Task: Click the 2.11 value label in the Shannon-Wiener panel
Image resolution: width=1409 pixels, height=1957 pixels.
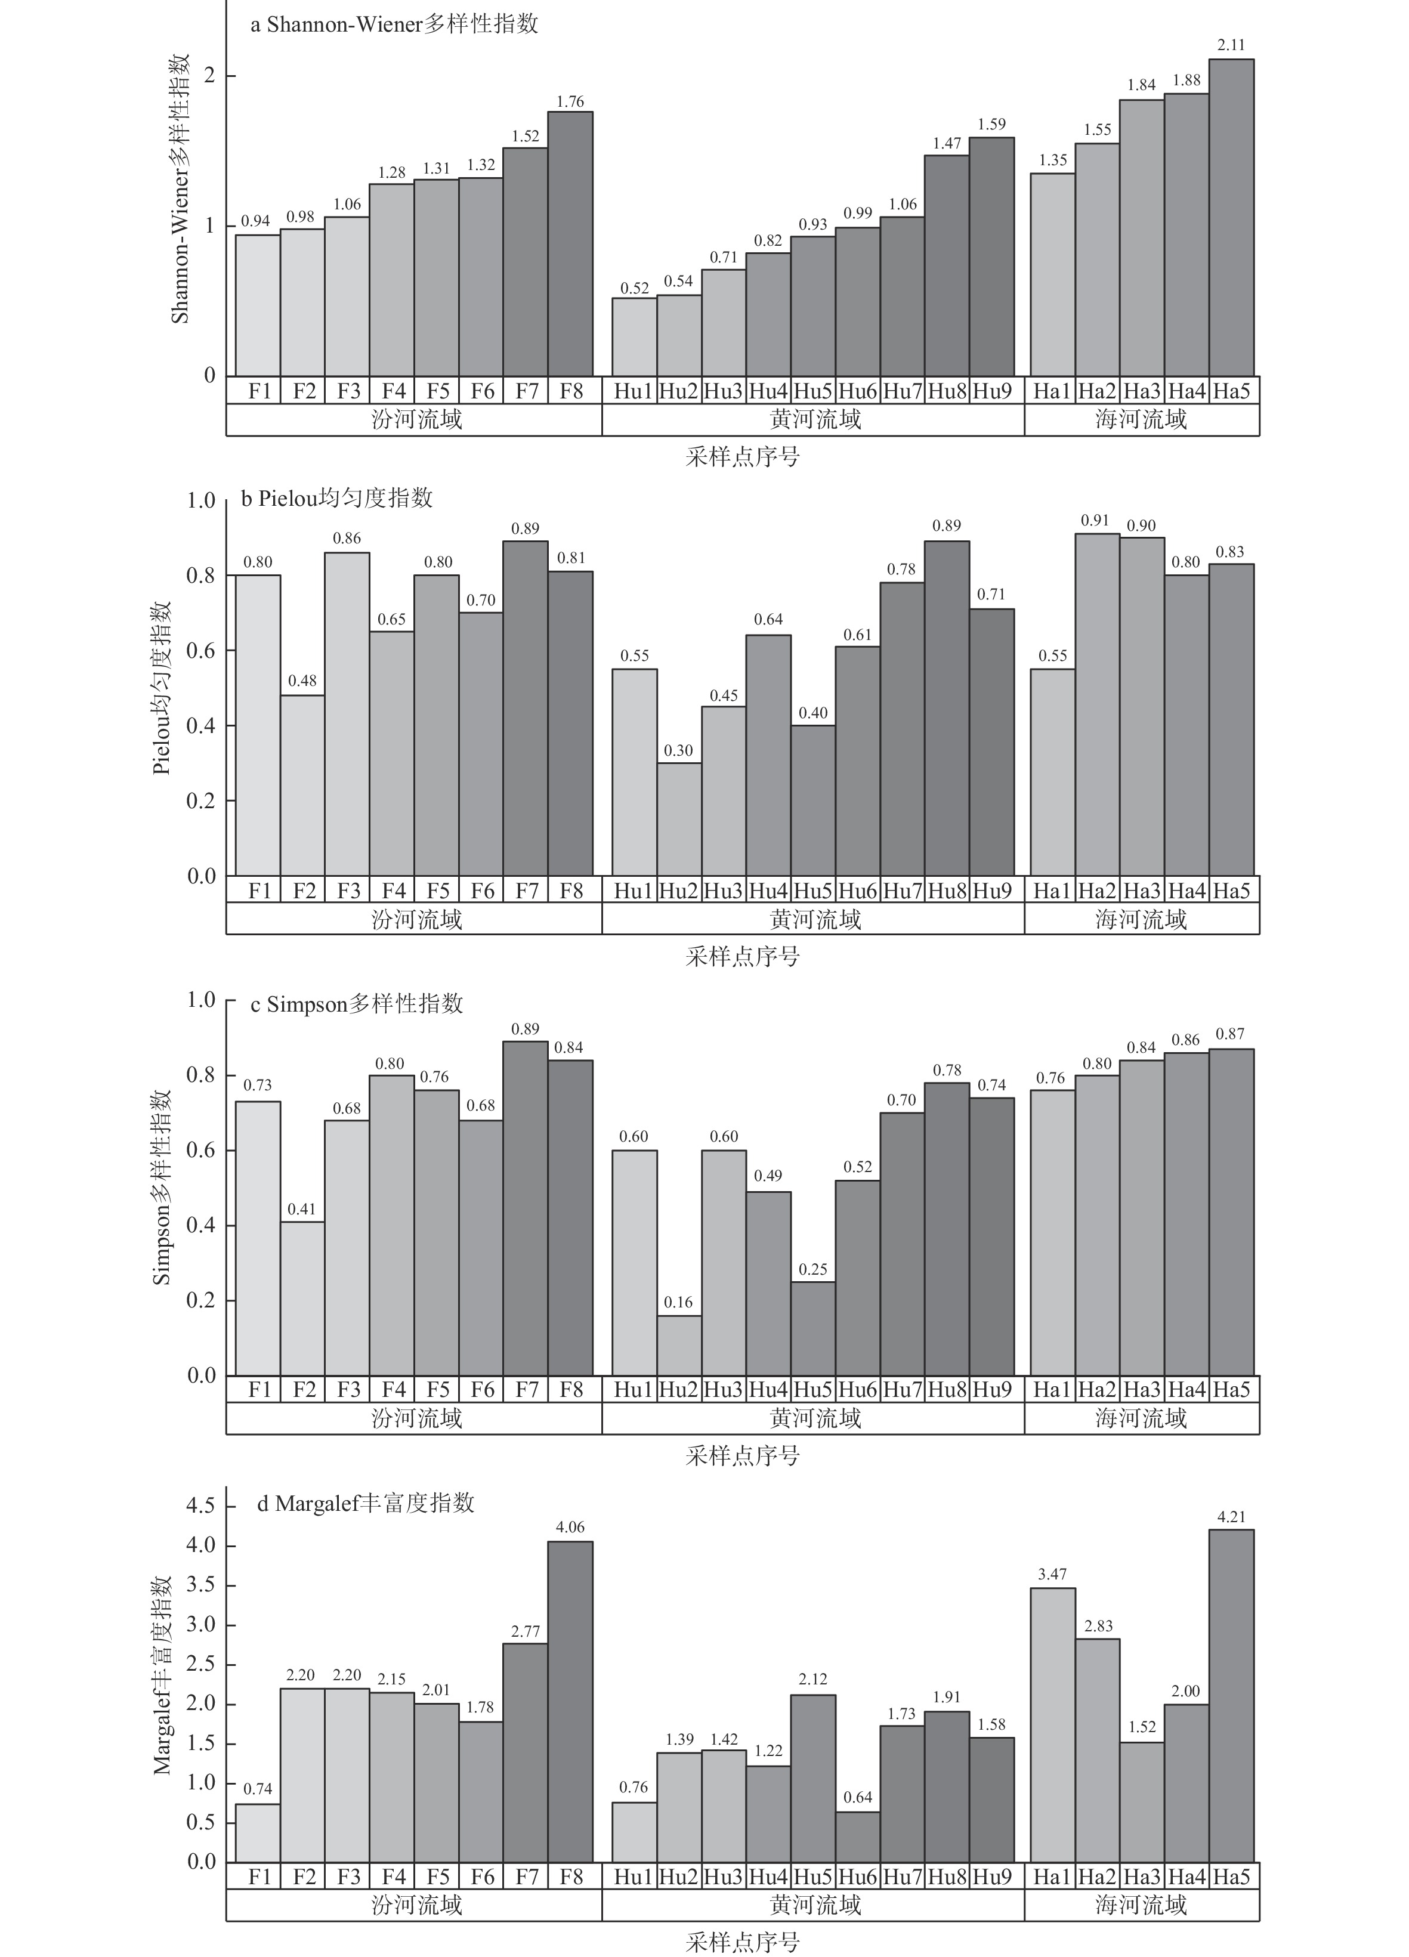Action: pyautogui.click(x=1231, y=45)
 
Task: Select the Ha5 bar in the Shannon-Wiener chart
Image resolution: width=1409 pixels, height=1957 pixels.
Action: pyautogui.click(x=1231, y=218)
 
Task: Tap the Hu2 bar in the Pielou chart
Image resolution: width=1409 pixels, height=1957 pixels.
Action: pyautogui.click(x=679, y=819)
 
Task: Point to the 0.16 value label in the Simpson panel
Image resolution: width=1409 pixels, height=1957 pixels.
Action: pyautogui.click(x=679, y=1302)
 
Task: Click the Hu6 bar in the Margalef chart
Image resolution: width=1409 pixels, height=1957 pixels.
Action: pyautogui.click(x=858, y=1836)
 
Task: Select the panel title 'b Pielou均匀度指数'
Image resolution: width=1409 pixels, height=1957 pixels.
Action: pyautogui.click(x=336, y=499)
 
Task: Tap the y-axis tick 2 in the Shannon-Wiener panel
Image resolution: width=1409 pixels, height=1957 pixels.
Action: pyautogui.click(x=208, y=76)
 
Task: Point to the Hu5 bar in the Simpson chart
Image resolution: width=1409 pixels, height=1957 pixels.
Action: pyautogui.click(x=813, y=1329)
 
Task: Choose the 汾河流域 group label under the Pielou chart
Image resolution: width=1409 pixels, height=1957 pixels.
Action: pyautogui.click(x=417, y=919)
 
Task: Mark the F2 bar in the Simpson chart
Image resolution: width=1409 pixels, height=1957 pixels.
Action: pyautogui.click(x=303, y=1299)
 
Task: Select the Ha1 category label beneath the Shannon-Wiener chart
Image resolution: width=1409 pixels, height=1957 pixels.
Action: pyautogui.click(x=1052, y=391)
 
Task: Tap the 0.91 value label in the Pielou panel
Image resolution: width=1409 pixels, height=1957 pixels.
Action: pyautogui.click(x=1096, y=520)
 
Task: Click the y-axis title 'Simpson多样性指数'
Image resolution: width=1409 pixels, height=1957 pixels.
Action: pyautogui.click(x=162, y=1188)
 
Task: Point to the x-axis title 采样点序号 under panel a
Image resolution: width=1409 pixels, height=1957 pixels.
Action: pyautogui.click(x=742, y=456)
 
